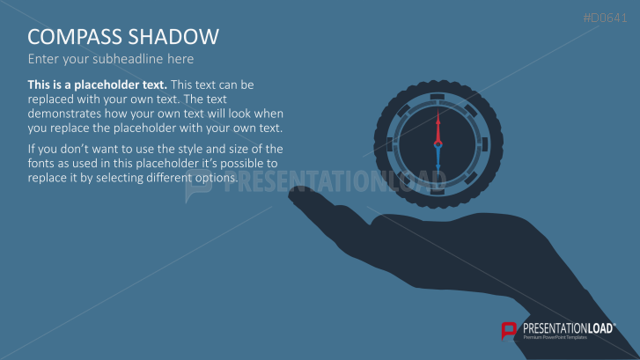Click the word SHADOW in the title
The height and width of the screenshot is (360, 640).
tap(176, 37)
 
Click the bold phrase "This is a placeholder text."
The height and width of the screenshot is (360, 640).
tap(97, 84)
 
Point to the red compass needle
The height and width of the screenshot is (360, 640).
tap(436, 127)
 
